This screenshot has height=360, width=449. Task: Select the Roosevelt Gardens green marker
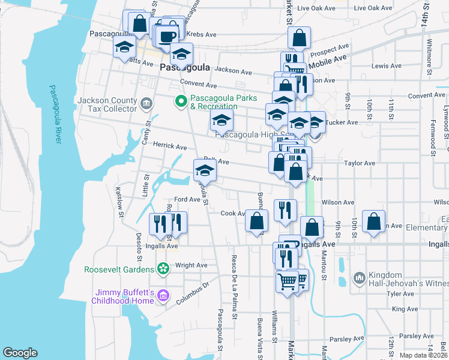pos(162,267)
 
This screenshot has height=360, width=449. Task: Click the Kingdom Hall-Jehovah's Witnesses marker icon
pos(359,278)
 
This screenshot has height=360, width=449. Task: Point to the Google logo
pos(20,353)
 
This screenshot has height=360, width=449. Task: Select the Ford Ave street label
pos(187,199)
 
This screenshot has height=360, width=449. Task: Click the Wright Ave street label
pos(191,265)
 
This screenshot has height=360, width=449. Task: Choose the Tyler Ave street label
pos(402,294)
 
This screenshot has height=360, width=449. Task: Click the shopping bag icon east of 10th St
pos(374,221)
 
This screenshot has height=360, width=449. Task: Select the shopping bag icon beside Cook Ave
pos(256,220)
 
